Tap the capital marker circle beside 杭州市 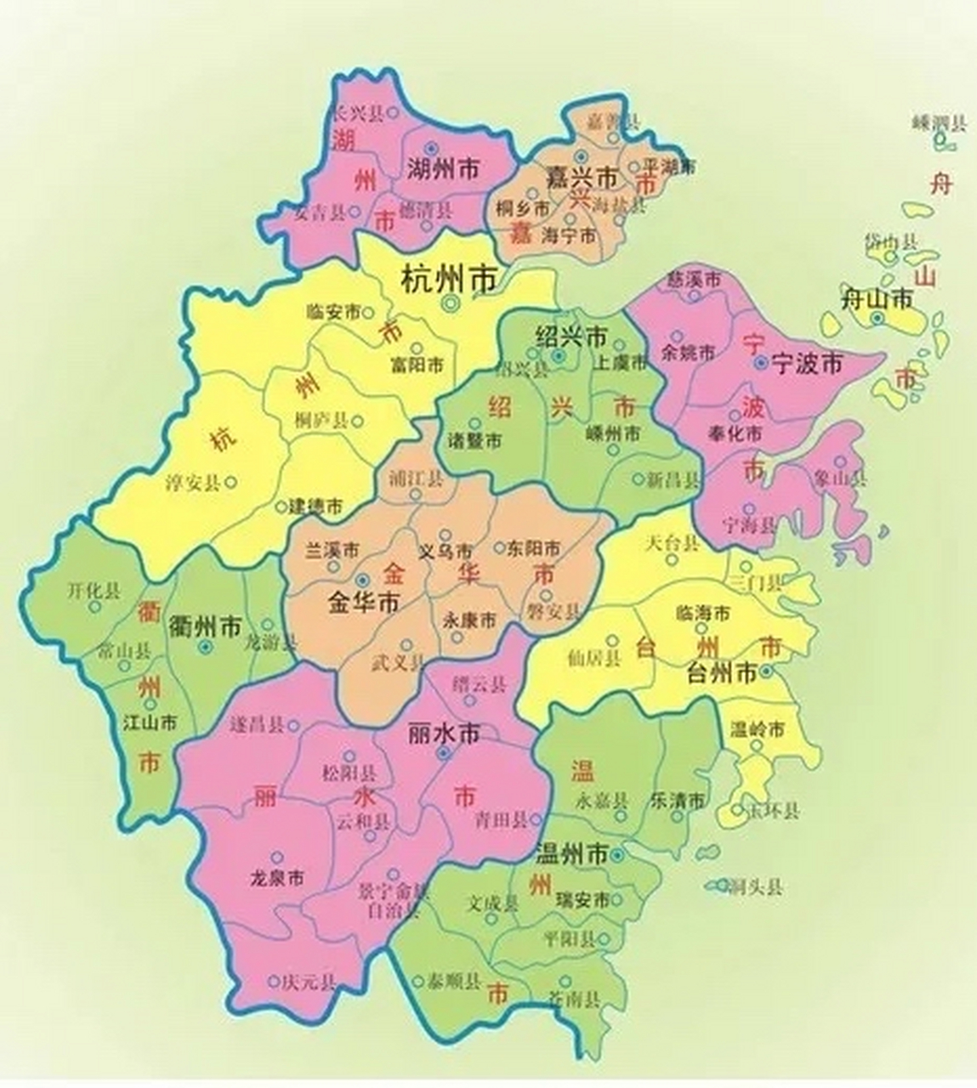point(450,303)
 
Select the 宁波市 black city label point(806,365)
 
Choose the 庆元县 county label point(310,982)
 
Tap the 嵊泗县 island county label point(939,124)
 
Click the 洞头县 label point(754,888)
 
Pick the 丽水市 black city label point(444,733)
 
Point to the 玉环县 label point(771,810)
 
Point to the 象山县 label point(839,478)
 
